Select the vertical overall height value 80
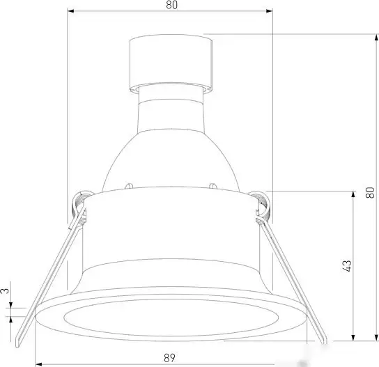pyautogui.click(x=369, y=187)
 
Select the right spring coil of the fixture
pyautogui.click(x=261, y=203)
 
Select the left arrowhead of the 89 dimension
pyautogui.click(x=38, y=364)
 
